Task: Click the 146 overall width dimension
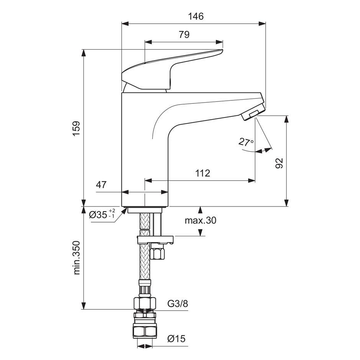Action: (x=196, y=16)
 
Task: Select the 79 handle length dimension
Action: (x=184, y=34)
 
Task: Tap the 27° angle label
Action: (x=246, y=142)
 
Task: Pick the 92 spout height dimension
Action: (x=279, y=163)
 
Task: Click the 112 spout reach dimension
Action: (x=203, y=173)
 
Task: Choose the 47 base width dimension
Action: (x=101, y=185)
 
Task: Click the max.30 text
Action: (x=200, y=220)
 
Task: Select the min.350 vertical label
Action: (x=77, y=257)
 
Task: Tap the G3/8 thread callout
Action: (x=178, y=304)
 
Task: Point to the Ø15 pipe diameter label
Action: (x=176, y=339)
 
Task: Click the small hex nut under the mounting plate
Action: (x=157, y=254)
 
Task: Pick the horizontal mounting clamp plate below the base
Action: (x=155, y=240)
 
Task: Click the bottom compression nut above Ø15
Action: (x=144, y=331)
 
